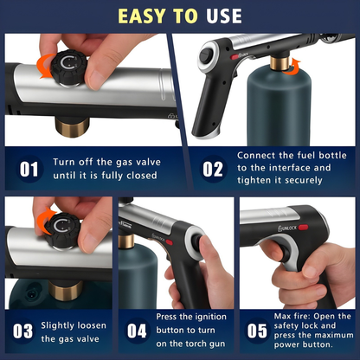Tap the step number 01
click(29, 167)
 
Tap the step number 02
click(212, 167)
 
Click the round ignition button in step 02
click(208, 55)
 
